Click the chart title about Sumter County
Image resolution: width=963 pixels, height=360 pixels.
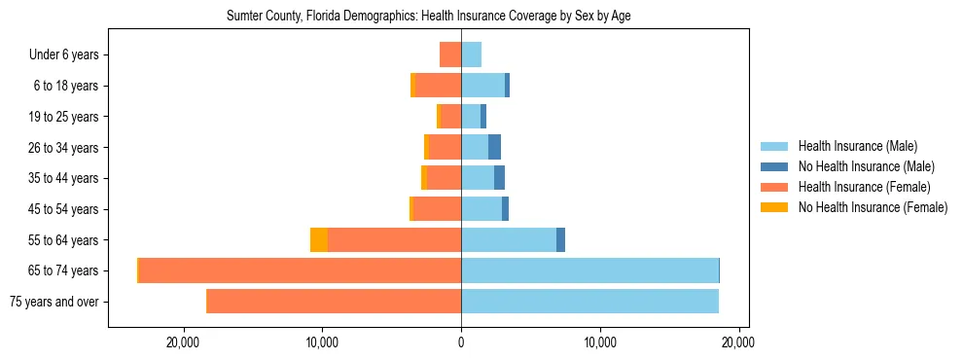429,17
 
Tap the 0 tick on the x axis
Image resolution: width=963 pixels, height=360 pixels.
461,342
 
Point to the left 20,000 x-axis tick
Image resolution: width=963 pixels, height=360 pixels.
183,342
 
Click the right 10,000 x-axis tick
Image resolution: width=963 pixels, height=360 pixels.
600,342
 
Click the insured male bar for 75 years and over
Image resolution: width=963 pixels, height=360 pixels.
589,302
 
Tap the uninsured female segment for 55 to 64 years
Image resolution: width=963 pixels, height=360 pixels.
319,240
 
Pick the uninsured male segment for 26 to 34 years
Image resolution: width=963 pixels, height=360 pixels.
494,147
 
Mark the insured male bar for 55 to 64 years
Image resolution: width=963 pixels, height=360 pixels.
509,240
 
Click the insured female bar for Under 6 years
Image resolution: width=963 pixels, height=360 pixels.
450,54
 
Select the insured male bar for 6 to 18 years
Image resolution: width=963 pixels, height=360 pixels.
482,86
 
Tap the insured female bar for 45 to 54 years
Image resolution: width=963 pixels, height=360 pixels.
438,209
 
